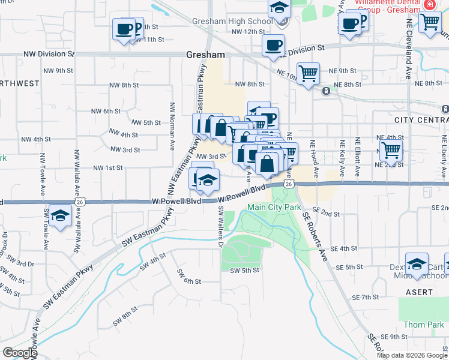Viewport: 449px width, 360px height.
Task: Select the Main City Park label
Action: point(274,208)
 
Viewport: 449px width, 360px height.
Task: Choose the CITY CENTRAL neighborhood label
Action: point(421,120)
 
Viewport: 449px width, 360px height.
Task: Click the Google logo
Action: point(19,352)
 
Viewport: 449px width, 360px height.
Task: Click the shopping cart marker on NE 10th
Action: point(308,74)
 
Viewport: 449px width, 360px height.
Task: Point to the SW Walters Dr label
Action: point(220,226)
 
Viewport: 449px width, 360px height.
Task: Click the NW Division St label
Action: point(49,54)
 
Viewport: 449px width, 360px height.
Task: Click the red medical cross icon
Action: point(429,4)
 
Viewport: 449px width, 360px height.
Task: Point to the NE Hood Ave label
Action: point(312,159)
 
